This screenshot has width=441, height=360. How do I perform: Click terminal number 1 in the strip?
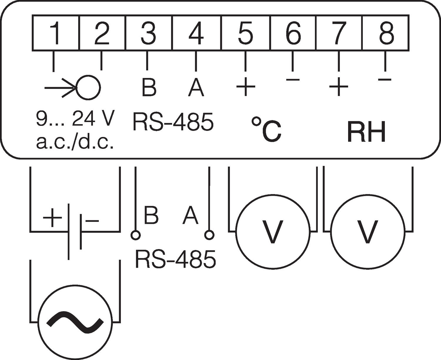tap(55, 33)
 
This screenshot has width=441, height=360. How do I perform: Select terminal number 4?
tap(196, 33)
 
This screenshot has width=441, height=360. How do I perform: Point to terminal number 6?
tap(293, 33)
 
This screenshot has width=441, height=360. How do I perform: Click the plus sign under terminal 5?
tap(245, 86)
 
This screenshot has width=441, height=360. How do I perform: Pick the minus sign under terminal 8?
tap(385, 79)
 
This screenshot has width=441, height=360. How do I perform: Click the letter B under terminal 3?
tap(149, 87)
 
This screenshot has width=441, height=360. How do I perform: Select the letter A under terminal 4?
tap(196, 87)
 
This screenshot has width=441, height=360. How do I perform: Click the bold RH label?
tap(366, 132)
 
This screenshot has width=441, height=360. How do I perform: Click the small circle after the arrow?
tap(88, 87)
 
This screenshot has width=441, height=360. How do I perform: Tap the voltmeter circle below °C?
tap(273, 231)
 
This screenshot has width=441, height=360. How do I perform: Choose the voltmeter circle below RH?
tap(367, 231)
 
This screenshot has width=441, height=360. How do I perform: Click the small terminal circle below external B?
tap(136, 235)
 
